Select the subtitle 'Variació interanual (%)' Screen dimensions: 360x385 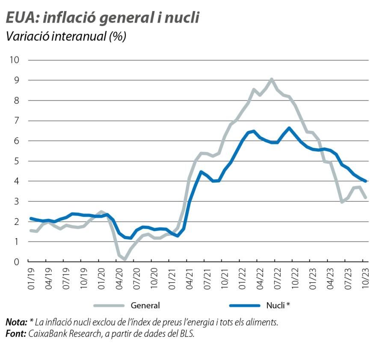tap(66, 36)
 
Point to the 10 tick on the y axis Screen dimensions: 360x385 tap(15, 60)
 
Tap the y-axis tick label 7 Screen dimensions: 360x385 tap(17, 121)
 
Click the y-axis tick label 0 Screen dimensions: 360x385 tap(17, 262)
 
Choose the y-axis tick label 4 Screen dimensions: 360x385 tap(17, 181)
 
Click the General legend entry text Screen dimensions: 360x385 tap(145, 305)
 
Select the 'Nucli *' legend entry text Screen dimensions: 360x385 tap(278, 305)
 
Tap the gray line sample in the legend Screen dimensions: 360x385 tap(109, 305)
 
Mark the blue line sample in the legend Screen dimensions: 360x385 tap(244, 305)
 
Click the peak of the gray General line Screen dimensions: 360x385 tap(272, 79)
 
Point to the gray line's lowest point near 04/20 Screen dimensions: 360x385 tap(124, 259)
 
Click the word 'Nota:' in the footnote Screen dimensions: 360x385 tap(16, 322)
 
